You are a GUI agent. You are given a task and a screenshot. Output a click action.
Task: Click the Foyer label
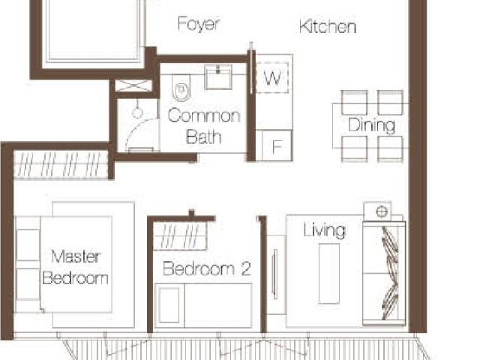coord(199,24)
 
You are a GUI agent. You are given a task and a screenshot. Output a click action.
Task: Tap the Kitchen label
coord(327,27)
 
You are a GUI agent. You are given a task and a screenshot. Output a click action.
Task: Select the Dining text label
coord(371,125)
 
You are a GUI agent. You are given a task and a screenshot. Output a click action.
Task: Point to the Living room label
coord(324,229)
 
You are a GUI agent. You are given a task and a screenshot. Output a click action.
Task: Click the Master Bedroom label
coord(75,267)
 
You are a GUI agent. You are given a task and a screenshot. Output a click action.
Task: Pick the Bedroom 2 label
coord(206,268)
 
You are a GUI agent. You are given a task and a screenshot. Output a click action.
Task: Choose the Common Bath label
coord(203,126)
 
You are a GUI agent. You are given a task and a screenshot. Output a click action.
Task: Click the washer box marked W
coord(272,77)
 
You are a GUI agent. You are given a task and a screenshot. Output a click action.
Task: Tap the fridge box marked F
coord(275,146)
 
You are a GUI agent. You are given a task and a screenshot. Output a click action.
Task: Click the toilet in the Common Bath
coord(180,91)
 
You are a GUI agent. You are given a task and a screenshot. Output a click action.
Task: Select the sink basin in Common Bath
coord(219,77)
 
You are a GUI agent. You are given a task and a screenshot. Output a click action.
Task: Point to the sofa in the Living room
coord(384,274)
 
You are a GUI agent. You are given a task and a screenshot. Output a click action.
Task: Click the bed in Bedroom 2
coord(202,304)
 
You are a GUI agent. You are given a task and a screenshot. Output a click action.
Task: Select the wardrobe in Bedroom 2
coord(180,237)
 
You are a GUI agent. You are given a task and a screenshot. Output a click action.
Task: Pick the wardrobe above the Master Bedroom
coord(61,164)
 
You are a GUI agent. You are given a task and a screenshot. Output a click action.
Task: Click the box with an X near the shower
coord(134,86)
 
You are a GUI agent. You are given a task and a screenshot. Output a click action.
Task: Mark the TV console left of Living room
coord(275,274)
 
